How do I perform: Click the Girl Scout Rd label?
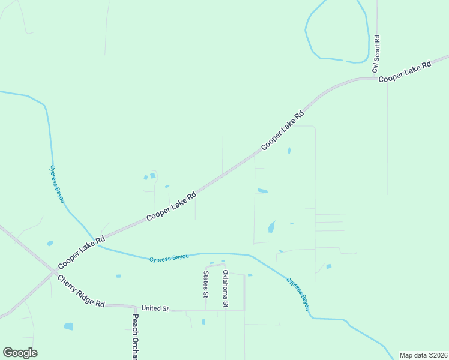point(376,55)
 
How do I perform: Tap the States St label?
point(205,284)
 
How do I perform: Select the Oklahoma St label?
point(225,289)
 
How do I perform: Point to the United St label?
point(155,308)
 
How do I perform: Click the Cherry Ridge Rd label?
point(81,291)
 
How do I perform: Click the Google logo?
point(20,353)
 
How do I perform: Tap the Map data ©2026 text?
point(423,355)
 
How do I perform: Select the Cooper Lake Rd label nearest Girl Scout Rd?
point(405,71)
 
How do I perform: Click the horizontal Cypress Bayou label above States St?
point(169,257)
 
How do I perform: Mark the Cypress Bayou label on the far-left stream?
point(57,184)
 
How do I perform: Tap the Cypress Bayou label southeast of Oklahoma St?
point(298,293)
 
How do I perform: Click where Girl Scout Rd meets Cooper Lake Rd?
point(377,79)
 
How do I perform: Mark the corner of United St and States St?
point(206,310)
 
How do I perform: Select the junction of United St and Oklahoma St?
point(226,310)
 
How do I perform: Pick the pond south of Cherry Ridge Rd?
point(68,326)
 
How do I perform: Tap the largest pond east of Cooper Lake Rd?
point(271,227)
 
